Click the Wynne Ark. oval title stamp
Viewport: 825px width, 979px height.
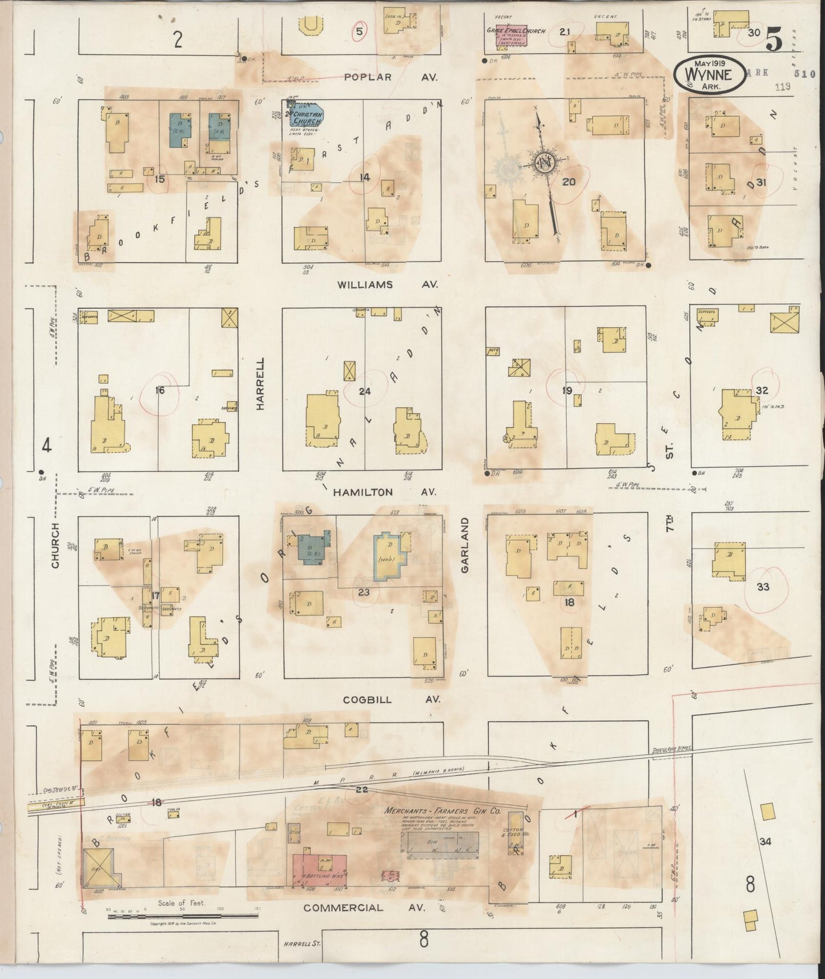pos(710,74)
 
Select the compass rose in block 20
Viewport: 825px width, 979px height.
pos(545,163)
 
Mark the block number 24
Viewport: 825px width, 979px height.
pos(364,391)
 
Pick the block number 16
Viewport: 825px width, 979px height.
pos(159,390)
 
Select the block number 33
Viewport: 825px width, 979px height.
pos(763,587)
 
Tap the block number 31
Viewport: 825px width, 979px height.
pos(760,183)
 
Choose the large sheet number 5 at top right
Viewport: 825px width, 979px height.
pos(775,39)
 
